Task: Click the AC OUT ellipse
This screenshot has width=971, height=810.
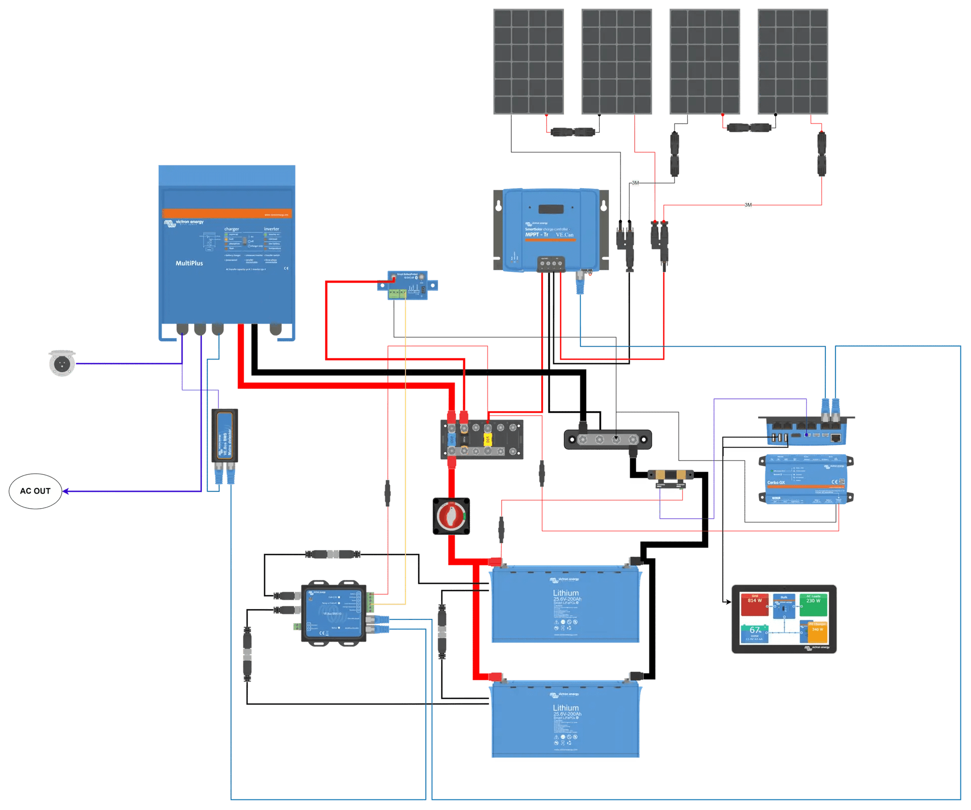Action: (35, 491)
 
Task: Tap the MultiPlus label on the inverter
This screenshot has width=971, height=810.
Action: (189, 263)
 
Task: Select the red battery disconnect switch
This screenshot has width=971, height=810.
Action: (451, 516)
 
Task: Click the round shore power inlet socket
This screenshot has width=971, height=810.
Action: (62, 363)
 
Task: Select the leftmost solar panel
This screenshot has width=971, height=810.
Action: (528, 62)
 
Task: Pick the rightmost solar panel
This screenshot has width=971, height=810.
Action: (792, 62)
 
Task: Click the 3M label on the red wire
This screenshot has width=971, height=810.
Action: (748, 205)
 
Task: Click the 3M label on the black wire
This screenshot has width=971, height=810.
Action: (636, 183)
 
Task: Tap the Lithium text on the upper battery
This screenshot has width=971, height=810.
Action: (565, 593)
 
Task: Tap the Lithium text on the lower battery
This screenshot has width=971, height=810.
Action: (565, 707)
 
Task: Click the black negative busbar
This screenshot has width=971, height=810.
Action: (607, 439)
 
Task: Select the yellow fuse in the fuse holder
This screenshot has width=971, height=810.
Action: (488, 439)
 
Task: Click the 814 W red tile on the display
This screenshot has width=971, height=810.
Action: (755, 604)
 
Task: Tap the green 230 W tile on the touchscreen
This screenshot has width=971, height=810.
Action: (813, 604)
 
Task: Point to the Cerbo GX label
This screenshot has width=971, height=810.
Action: (776, 482)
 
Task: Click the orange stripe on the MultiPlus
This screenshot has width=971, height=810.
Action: (227, 213)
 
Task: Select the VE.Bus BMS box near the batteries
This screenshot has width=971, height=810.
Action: (333, 613)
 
